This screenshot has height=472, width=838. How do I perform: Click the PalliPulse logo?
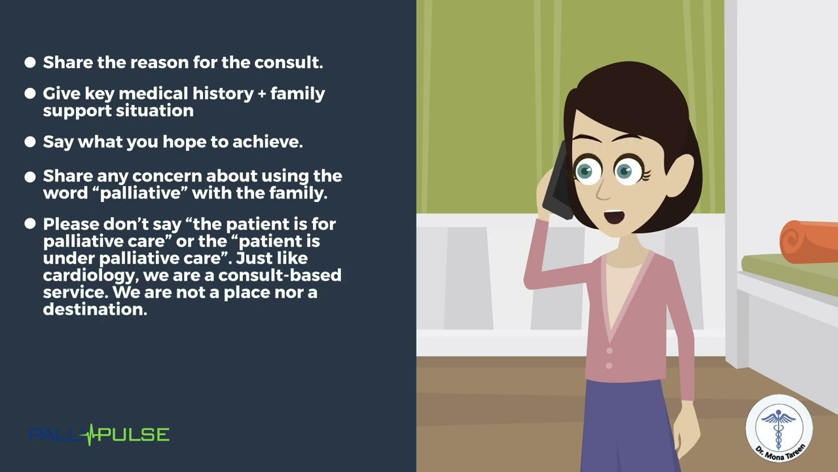tap(99, 435)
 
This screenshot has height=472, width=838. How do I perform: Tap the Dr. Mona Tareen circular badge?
tap(779, 429)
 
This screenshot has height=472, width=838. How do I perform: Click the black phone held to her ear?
tap(556, 182)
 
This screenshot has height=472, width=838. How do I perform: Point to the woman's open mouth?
tap(614, 216)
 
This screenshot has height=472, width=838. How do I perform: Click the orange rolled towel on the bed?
tap(808, 242)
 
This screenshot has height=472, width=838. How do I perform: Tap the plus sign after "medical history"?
tap(262, 94)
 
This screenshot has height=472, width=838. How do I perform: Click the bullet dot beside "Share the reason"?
tap(30, 62)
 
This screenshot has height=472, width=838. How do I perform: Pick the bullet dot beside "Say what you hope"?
tap(30, 142)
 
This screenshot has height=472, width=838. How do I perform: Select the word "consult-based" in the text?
tap(280, 275)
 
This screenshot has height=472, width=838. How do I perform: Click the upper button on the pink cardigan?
tap(610, 351)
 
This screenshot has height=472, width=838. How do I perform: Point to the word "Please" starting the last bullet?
tap(71, 224)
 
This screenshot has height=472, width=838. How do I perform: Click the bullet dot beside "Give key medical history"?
tap(30, 93)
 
